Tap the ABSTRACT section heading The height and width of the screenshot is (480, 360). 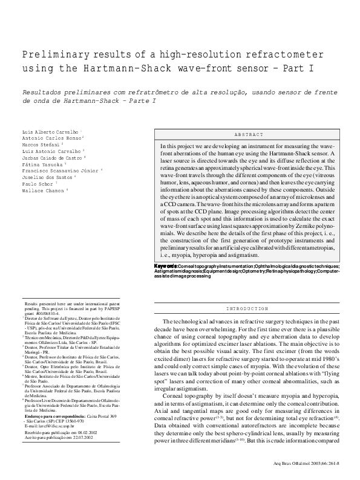click(x=249, y=134)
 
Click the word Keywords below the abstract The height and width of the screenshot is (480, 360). click(x=165, y=266)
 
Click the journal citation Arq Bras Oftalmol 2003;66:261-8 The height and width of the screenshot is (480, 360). click(x=305, y=465)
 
